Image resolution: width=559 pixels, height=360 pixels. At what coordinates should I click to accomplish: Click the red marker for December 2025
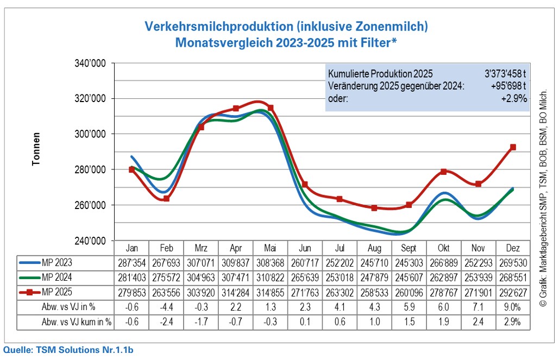(x=513, y=147)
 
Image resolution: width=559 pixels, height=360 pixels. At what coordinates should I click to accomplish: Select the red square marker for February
(x=166, y=199)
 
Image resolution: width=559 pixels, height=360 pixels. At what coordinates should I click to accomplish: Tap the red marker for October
(x=443, y=172)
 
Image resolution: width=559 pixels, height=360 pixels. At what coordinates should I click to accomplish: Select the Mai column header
(x=270, y=249)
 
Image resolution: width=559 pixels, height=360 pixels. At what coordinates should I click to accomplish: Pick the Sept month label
(x=409, y=249)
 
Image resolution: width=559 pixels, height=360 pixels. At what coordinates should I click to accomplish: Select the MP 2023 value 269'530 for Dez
(x=512, y=262)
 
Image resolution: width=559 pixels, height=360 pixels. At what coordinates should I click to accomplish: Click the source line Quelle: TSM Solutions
(x=68, y=350)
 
